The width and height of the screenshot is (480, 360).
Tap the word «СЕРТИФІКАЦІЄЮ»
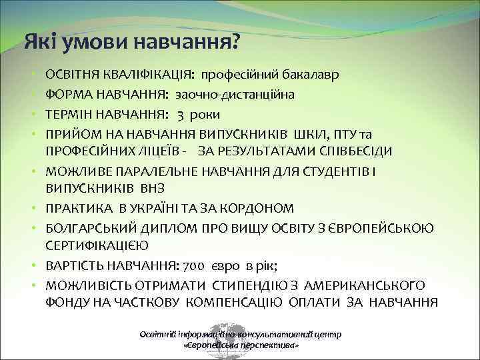point(97,247)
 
